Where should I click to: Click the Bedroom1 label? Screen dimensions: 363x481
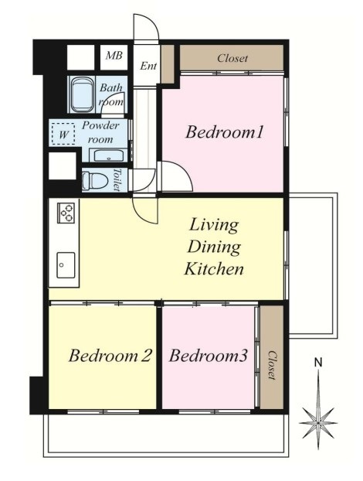click(x=224, y=132)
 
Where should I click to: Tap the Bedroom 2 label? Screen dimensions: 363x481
click(x=110, y=356)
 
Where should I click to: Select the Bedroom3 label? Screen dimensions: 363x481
click(x=208, y=356)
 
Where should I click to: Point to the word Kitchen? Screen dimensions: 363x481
click(x=214, y=268)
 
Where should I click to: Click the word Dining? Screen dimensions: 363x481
click(x=214, y=247)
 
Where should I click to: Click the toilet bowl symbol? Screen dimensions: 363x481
click(x=94, y=180)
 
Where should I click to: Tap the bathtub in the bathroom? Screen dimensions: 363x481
click(x=82, y=95)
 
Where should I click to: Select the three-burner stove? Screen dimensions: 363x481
click(x=66, y=213)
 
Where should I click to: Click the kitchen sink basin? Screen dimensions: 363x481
click(x=66, y=265)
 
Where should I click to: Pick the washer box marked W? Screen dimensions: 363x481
click(x=63, y=134)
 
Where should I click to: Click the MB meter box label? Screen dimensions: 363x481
click(x=114, y=56)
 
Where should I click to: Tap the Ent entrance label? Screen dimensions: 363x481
click(x=148, y=66)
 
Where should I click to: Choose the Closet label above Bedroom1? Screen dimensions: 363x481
click(x=232, y=58)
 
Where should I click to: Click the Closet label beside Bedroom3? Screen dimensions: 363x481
click(x=271, y=365)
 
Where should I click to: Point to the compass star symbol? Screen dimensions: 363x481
click(x=318, y=423)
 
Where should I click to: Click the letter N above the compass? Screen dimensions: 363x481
click(x=318, y=363)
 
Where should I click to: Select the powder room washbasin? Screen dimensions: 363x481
click(x=108, y=155)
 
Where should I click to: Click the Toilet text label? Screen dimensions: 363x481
click(x=117, y=179)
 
